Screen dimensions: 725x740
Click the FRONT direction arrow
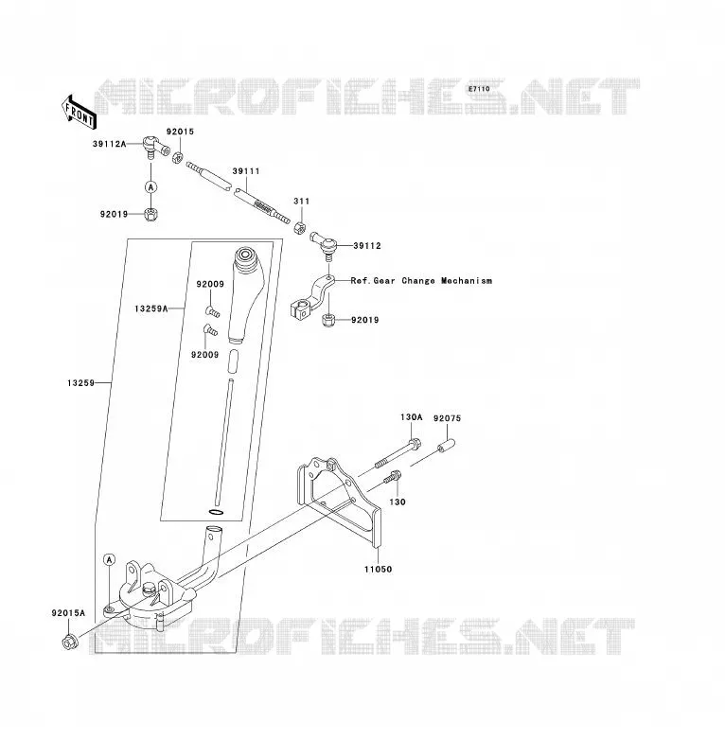[x=80, y=113]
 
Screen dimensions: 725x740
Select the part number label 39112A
[x=110, y=144]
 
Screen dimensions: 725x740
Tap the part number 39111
[x=246, y=171]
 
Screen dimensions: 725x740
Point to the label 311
[x=302, y=201]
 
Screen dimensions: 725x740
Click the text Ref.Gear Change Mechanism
[x=421, y=281]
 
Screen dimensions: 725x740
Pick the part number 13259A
[x=151, y=308]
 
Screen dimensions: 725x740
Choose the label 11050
[x=378, y=569]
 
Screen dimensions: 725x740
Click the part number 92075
[x=447, y=418]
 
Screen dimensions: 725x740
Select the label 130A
[x=411, y=417]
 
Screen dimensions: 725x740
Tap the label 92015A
[x=68, y=613]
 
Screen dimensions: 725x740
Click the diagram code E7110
[x=479, y=89]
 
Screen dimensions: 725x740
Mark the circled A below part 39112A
[x=151, y=187]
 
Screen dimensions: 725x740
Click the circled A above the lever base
[x=110, y=559]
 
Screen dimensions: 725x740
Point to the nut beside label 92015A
[x=69, y=642]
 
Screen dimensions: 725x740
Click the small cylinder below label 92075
[x=446, y=446]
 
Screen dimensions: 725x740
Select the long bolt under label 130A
[x=398, y=454]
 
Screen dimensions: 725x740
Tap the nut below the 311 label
[x=298, y=227]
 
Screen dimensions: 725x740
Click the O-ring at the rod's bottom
[x=215, y=512]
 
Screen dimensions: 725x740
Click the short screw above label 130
[x=392, y=477]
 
